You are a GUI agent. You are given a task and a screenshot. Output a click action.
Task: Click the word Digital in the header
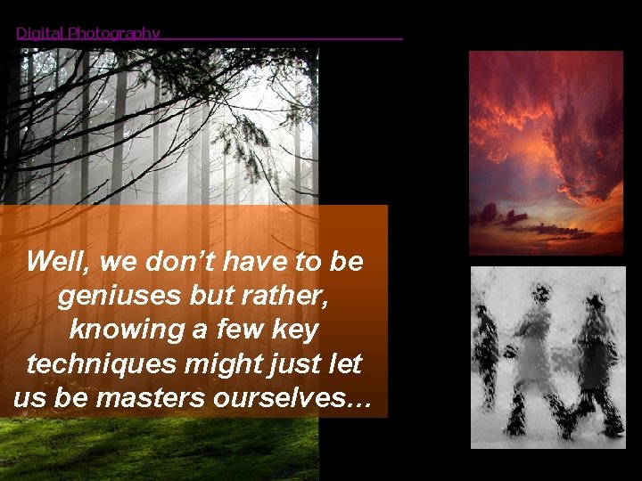(x=40, y=34)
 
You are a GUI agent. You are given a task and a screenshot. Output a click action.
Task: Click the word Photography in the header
(x=113, y=34)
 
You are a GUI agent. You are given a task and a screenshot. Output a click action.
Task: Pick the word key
(x=293, y=330)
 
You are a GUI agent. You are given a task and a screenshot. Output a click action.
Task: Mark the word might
(x=235, y=363)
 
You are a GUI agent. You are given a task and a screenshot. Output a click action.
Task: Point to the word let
(x=346, y=363)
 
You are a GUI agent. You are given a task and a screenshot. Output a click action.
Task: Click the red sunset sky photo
(x=546, y=152)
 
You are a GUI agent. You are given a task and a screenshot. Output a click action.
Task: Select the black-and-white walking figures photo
(x=547, y=355)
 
